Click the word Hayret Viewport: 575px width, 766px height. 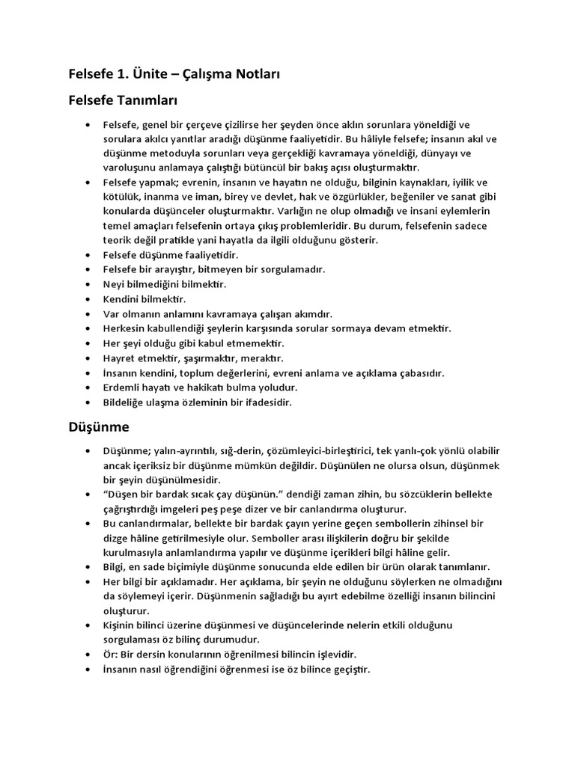tap(120, 358)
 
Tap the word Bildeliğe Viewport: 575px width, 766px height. tap(126, 402)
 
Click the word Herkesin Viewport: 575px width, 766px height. tap(126, 329)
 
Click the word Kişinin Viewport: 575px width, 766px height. tap(121, 625)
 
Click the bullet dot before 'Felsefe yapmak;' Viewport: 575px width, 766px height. tap(88, 183)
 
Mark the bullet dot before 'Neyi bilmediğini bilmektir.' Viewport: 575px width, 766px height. tap(88, 285)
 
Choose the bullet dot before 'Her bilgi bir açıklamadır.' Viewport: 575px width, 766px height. tap(88, 581)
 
